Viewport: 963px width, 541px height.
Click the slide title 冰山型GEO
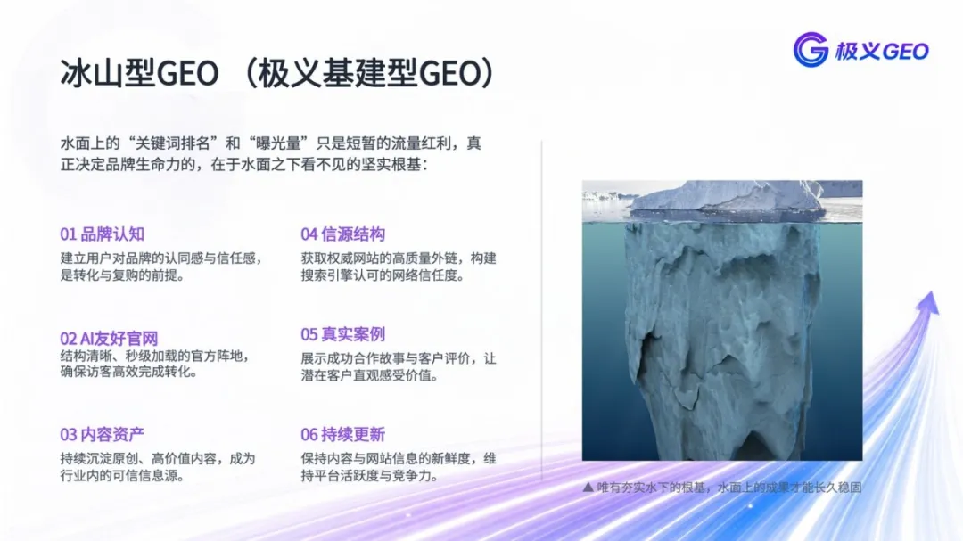(x=139, y=73)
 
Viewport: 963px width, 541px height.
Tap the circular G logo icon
(x=811, y=50)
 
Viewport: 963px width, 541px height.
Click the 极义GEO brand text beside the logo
(x=881, y=51)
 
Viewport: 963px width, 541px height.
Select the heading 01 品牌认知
(x=102, y=234)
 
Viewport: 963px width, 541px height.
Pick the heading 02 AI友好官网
(x=109, y=339)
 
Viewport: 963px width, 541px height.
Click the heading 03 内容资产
(x=102, y=435)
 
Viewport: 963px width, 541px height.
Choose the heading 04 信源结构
(x=342, y=234)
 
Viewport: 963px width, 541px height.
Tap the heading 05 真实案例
(x=342, y=334)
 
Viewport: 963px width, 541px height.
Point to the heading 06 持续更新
(x=342, y=435)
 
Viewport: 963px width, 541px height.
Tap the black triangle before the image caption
(x=588, y=487)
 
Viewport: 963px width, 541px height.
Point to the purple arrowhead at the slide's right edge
(x=928, y=302)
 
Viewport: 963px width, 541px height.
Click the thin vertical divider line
(x=542, y=310)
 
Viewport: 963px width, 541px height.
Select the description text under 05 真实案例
(x=399, y=366)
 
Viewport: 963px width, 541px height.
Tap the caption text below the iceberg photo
(x=729, y=488)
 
